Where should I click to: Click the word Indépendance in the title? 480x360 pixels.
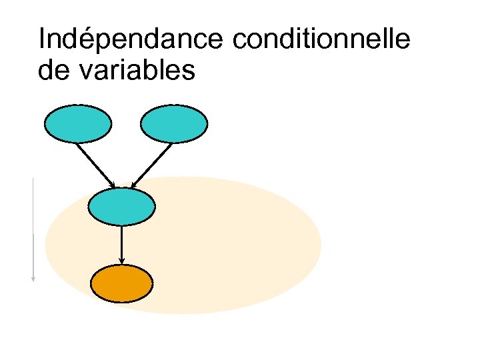pyautogui.click(x=132, y=41)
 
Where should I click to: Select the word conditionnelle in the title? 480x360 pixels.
pyautogui.click(x=321, y=41)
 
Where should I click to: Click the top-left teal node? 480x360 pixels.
pyautogui.click(x=77, y=124)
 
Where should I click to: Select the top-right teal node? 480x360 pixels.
pyautogui.click(x=174, y=124)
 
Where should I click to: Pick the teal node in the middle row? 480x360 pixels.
pyautogui.click(x=121, y=207)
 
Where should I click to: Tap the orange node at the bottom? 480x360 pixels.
pyautogui.click(x=121, y=284)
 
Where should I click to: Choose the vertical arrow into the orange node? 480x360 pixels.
pyautogui.click(x=121, y=244)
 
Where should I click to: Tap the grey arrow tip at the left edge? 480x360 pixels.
pyautogui.click(x=33, y=279)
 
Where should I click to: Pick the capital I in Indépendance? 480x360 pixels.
pyautogui.click(x=42, y=41)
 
